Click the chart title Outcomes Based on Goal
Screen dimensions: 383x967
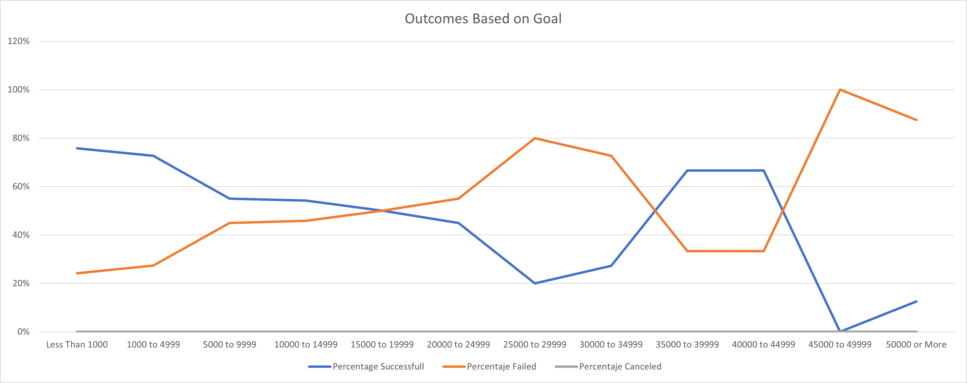point(483,19)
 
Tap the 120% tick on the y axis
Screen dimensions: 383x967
point(18,41)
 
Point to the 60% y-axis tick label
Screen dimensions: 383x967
point(21,186)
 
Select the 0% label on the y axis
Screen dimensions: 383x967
point(23,332)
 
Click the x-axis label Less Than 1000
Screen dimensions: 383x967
point(77,344)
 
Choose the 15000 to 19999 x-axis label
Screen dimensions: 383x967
point(382,344)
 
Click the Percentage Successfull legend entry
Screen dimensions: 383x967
point(378,366)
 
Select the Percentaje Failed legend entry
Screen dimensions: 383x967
point(501,366)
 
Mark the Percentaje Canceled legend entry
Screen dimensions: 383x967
point(620,366)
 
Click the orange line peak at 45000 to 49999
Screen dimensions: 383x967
point(840,90)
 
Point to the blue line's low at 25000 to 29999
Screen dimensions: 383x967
point(535,283)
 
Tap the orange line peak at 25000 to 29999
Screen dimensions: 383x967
point(535,138)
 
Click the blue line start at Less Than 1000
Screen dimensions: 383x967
point(77,148)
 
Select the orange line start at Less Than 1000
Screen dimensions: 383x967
point(77,273)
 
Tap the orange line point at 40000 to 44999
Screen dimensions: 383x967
point(763,251)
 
